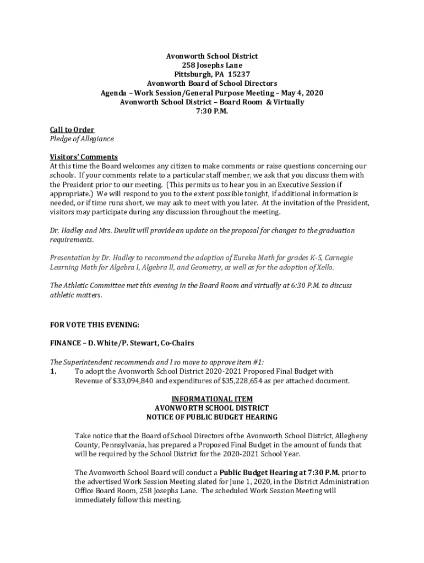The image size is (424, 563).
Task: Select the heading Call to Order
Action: tap(72, 130)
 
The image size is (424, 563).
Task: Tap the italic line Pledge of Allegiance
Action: tap(81, 139)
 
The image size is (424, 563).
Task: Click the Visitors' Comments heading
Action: tap(84, 157)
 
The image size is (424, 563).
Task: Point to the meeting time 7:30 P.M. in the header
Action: tap(212, 111)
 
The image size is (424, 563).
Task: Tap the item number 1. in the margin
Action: tap(54, 372)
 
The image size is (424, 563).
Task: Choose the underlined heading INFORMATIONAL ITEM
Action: tap(212, 399)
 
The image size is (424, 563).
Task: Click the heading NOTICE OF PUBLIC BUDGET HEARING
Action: tap(212, 417)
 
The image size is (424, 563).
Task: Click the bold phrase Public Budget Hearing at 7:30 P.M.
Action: tap(280, 472)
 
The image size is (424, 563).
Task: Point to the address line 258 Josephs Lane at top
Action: tap(212, 65)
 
